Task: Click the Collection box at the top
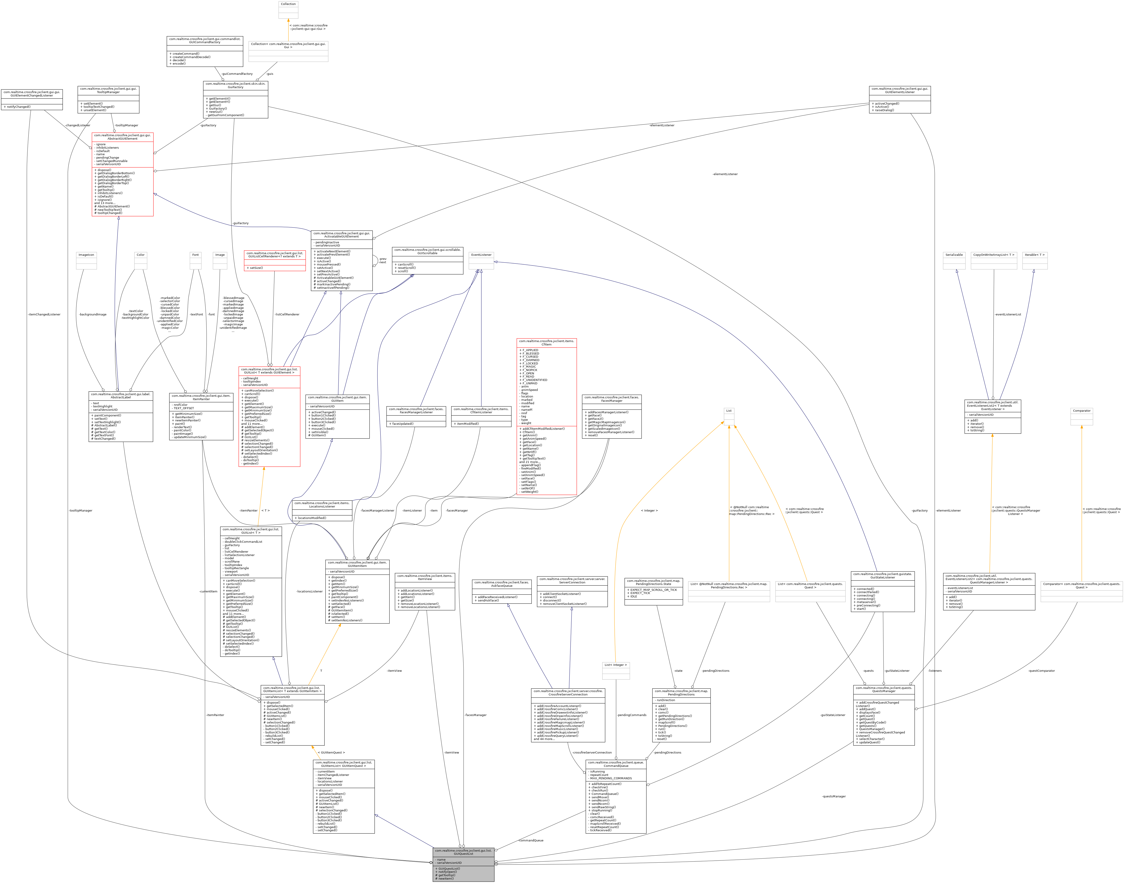(x=288, y=9)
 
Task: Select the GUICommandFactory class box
(x=205, y=51)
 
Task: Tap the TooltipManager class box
(x=108, y=99)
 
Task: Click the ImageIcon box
(x=86, y=261)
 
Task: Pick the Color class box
(x=140, y=261)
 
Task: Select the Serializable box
(x=954, y=261)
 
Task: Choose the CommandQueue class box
(x=616, y=796)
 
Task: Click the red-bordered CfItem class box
(x=546, y=416)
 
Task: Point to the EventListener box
(x=481, y=261)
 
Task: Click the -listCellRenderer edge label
(x=287, y=314)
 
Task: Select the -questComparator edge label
(x=1041, y=671)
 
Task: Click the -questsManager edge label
(x=834, y=796)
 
